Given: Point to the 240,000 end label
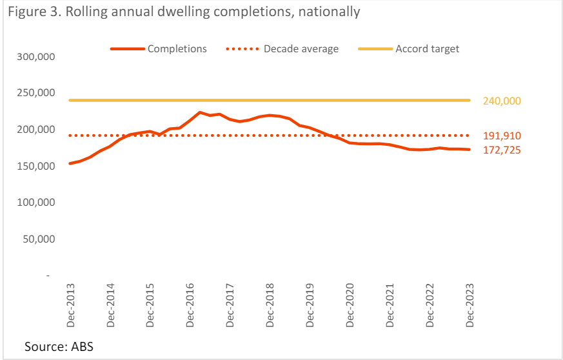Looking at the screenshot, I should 502,101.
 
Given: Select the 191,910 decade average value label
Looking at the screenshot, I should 502,136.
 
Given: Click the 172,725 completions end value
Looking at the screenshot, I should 502,150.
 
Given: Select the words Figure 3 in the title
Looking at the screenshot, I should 34,12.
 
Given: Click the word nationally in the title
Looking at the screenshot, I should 326,12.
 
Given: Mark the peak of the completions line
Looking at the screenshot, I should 200,112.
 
